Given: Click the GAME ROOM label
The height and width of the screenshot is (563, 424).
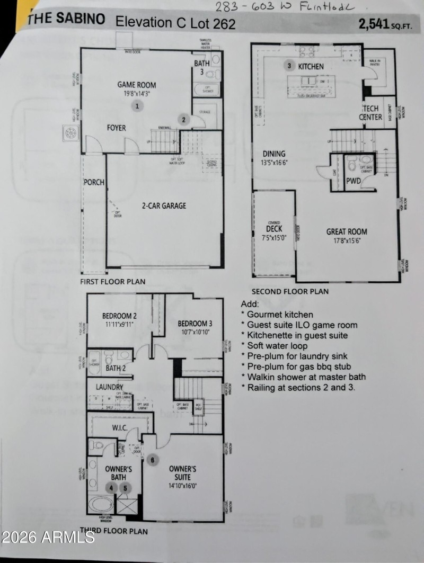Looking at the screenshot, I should (136, 85).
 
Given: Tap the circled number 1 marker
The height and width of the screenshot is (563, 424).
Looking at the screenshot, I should (137, 106).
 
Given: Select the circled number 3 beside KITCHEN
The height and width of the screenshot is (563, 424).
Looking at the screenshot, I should (289, 66).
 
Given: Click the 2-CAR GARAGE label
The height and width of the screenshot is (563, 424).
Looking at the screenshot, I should (163, 205).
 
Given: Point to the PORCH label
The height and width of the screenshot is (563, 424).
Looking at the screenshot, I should (94, 182).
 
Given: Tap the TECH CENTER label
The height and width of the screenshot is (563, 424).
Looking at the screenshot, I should (370, 113).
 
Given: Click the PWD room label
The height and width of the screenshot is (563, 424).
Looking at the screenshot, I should (354, 181).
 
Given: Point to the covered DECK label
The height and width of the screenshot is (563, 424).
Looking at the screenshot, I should (274, 229).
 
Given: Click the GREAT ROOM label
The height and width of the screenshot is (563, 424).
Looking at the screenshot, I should (347, 231).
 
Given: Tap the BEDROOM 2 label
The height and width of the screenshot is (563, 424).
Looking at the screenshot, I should (119, 316).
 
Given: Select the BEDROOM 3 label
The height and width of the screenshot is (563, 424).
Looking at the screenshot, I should (195, 324).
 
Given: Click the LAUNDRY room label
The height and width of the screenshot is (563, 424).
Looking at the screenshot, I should (109, 388).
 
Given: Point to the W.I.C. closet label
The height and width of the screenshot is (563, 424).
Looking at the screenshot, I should (119, 427).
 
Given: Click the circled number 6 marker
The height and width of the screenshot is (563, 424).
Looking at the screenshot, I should (152, 460).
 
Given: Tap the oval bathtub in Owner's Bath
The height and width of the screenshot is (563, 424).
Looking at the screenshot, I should (101, 503).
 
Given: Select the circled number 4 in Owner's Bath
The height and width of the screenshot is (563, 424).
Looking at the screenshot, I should (112, 488).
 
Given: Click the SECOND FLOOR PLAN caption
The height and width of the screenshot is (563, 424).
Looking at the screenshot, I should (289, 291).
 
